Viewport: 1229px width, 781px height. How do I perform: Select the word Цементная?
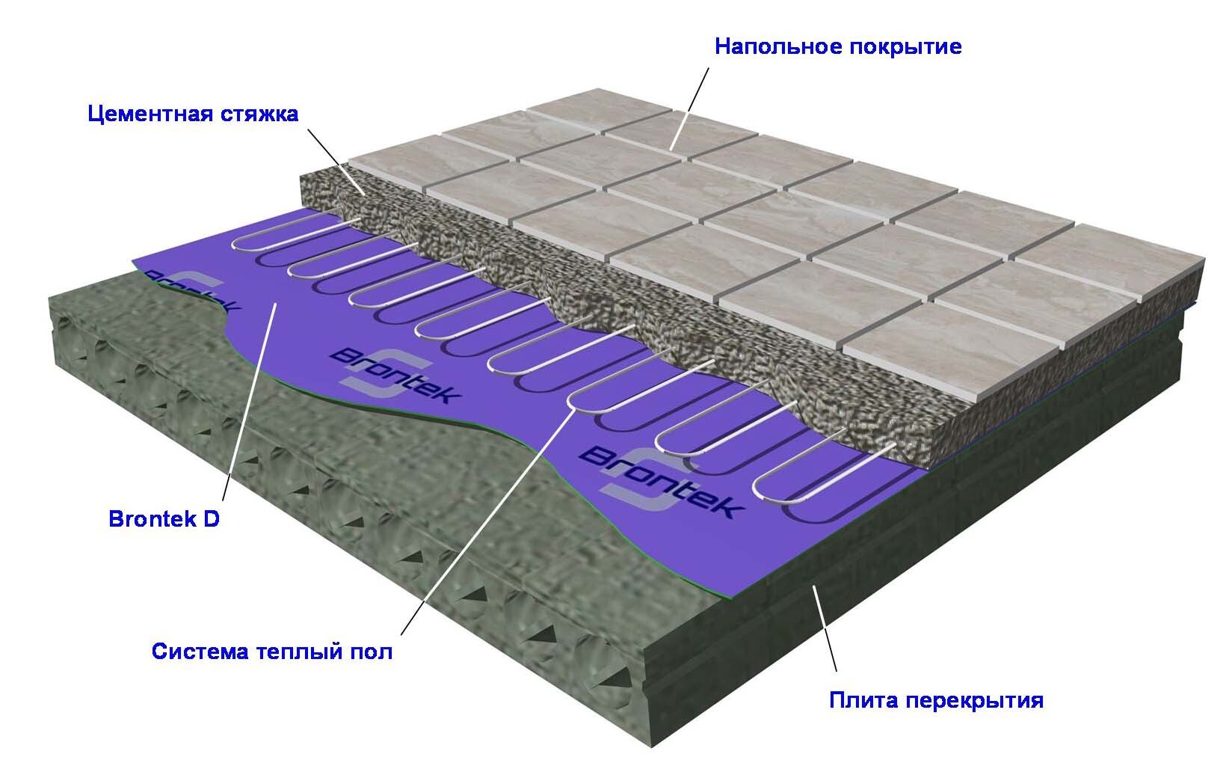click(150, 114)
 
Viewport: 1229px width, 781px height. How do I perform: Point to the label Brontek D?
click(164, 519)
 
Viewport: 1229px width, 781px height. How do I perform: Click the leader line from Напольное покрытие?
click(690, 108)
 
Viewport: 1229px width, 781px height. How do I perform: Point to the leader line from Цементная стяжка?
click(336, 162)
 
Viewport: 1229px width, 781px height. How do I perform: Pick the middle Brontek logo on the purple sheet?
click(395, 371)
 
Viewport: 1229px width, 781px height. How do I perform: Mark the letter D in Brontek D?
click(212, 519)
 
